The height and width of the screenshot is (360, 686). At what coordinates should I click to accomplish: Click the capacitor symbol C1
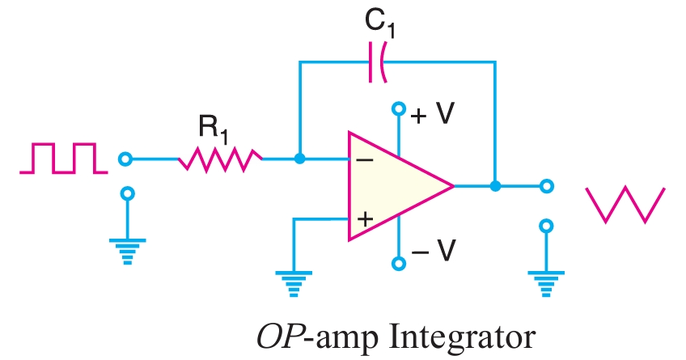(x=377, y=62)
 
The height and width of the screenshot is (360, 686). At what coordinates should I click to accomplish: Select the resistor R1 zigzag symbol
(x=220, y=159)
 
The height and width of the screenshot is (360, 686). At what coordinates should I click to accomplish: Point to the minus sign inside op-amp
(x=365, y=160)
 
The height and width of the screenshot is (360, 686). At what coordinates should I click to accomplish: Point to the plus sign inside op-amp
(x=365, y=218)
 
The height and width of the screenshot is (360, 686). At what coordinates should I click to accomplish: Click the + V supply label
(x=432, y=114)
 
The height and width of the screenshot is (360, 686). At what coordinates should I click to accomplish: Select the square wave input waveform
(x=63, y=158)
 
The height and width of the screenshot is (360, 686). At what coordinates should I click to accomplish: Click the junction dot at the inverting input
(x=300, y=159)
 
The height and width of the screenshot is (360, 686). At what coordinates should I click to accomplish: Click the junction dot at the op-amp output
(x=495, y=186)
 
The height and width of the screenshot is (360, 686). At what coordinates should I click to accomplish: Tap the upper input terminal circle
(x=125, y=159)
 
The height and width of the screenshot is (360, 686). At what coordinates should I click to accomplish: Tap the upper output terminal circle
(x=547, y=186)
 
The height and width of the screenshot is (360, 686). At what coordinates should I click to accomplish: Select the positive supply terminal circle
(x=397, y=108)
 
